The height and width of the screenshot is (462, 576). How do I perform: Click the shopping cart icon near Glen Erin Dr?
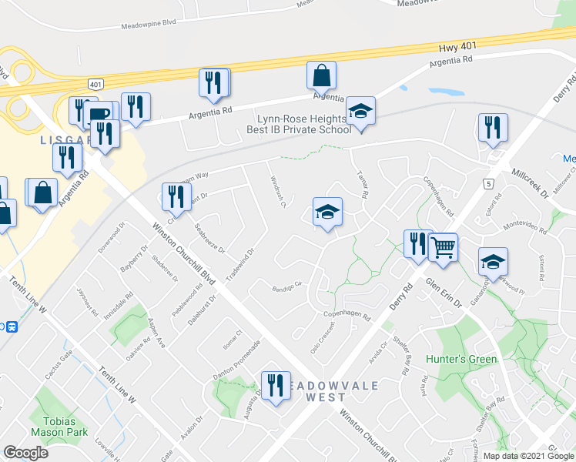(x=443, y=247)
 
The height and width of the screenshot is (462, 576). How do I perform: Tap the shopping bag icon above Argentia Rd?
(x=321, y=75)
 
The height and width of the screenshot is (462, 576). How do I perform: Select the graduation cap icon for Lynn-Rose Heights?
(x=360, y=111)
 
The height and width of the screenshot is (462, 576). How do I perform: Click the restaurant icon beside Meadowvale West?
(x=275, y=384)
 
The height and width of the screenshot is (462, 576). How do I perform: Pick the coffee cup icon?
(x=99, y=115)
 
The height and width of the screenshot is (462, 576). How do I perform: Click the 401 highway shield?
(x=95, y=83)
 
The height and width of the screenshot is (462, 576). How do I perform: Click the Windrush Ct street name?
(x=277, y=194)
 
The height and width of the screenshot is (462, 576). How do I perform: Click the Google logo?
(x=25, y=452)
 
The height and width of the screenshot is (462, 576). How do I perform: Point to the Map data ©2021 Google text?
(x=527, y=456)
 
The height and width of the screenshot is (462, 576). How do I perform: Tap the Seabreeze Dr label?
(x=209, y=239)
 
